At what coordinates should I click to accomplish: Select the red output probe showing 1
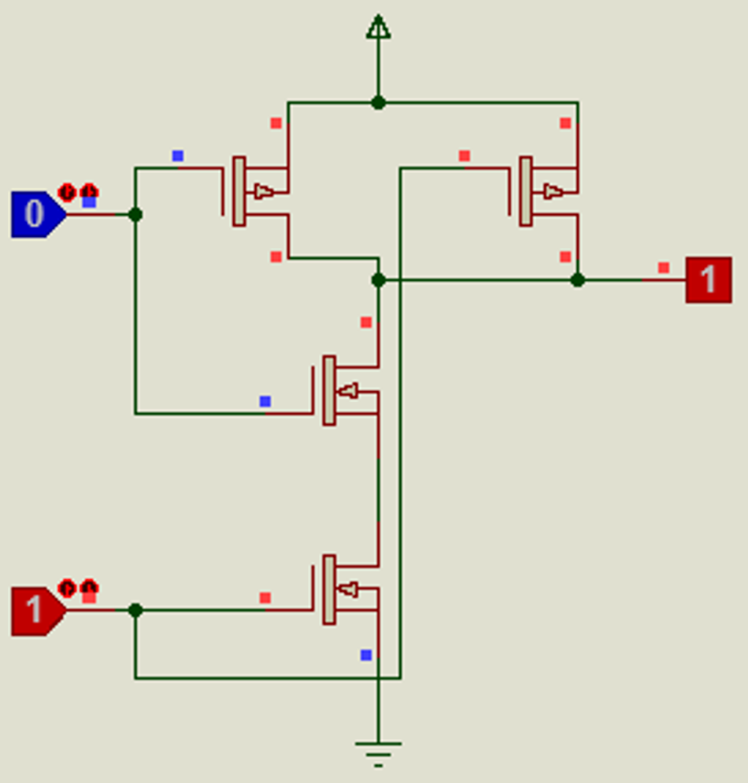[708, 279]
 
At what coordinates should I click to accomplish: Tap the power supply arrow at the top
[378, 28]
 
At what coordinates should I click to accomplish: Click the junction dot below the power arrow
[378, 102]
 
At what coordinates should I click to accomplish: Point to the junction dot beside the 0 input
[135, 214]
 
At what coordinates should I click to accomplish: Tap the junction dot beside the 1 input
[135, 610]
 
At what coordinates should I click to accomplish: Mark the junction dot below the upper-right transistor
[578, 279]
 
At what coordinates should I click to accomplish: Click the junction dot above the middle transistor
[378, 279]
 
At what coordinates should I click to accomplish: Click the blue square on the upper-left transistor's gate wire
[177, 156]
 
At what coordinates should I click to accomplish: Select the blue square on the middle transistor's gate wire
[265, 401]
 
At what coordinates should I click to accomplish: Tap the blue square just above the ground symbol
[365, 655]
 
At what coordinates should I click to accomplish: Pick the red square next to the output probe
[664, 268]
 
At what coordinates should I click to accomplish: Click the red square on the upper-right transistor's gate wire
[464, 156]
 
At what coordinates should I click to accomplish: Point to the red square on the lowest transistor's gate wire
[265, 598]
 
